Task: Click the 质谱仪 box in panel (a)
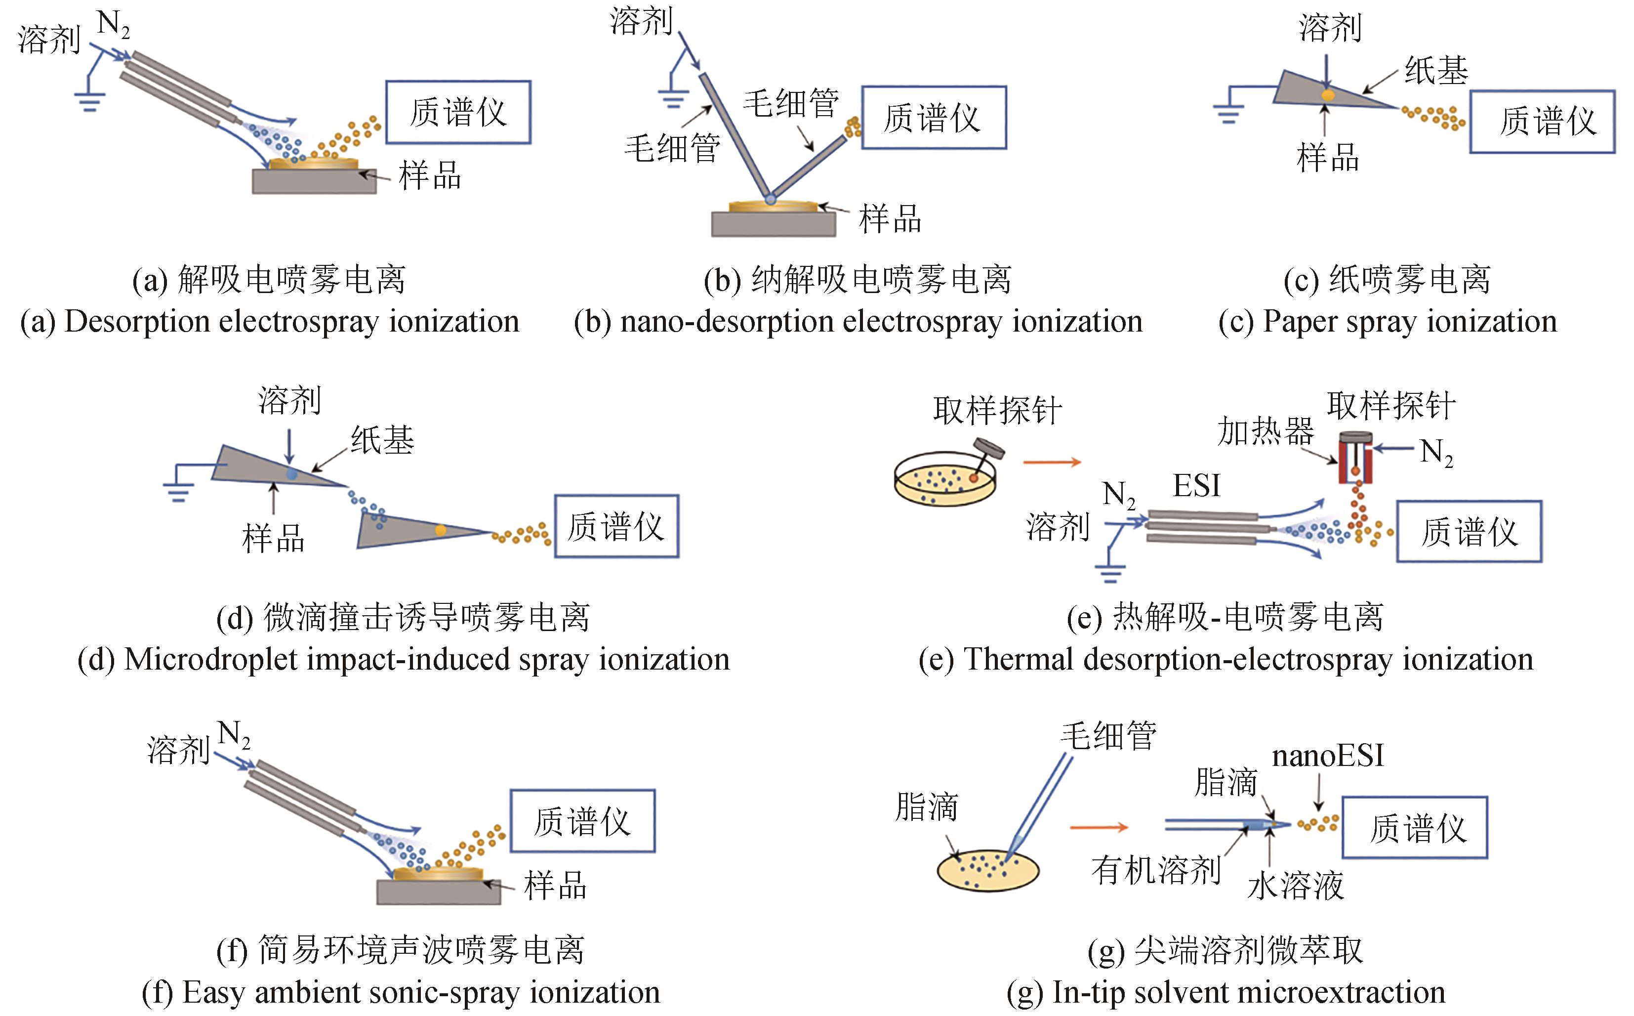(x=458, y=112)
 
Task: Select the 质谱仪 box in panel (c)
(x=1542, y=122)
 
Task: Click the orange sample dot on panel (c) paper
(x=1328, y=95)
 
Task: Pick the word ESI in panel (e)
(x=1196, y=485)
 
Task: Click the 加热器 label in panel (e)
(x=1266, y=431)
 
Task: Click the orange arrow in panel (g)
(x=1098, y=827)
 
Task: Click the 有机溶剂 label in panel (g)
(x=1156, y=871)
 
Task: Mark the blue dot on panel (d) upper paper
(x=291, y=474)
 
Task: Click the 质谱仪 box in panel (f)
(x=582, y=821)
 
